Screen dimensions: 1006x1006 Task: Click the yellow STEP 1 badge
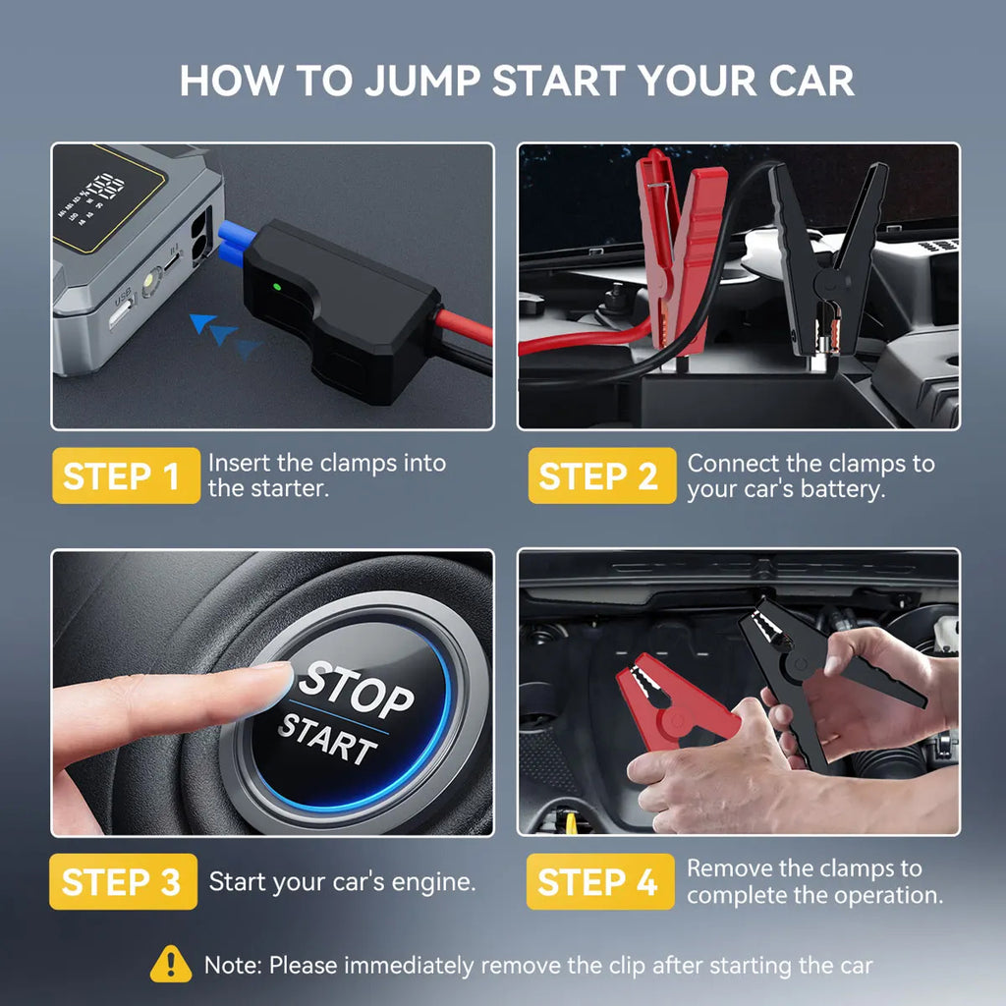coord(123,476)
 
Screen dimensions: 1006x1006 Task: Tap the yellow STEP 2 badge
coord(600,476)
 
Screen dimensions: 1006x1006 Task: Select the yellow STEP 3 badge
coord(123,882)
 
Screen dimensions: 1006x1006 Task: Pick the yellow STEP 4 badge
coord(600,882)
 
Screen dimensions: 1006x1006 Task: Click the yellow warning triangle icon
coord(171,965)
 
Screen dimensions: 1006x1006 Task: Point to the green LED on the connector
coord(277,287)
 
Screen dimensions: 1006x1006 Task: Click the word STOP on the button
coord(357,688)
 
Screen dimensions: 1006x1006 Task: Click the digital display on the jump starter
coord(106,196)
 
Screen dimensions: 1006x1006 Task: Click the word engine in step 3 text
coord(426,882)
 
